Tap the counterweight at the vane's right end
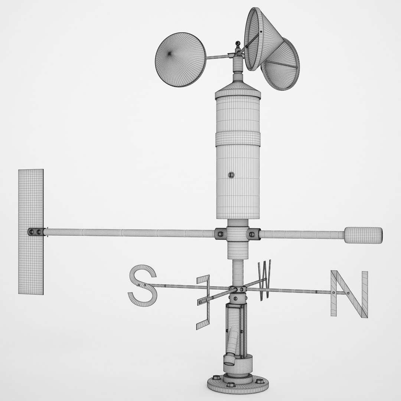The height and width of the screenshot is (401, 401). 363,235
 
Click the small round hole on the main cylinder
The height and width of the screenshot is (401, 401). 231,175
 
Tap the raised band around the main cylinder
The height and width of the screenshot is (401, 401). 238,138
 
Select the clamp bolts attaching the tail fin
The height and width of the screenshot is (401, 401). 35,232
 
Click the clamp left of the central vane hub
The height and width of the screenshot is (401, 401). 220,234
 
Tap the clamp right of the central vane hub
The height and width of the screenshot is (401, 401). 254,234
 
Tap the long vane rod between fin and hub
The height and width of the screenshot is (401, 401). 130,233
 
